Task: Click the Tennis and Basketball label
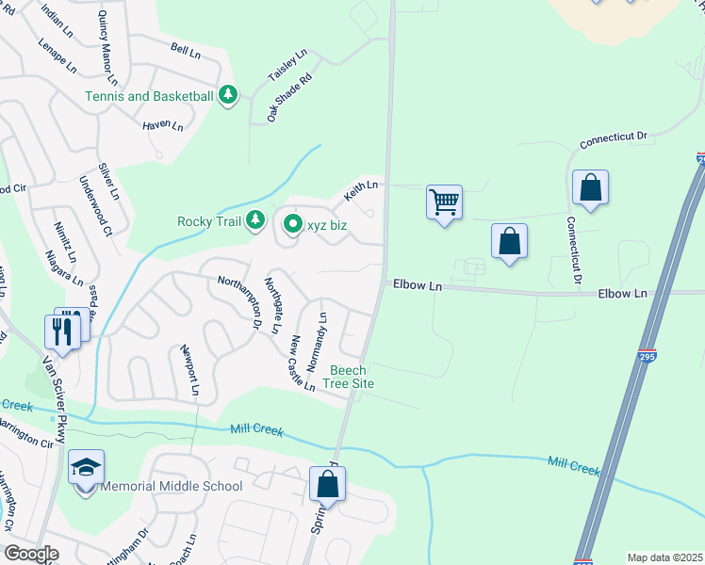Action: click(x=149, y=96)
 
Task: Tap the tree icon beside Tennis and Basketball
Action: click(x=228, y=95)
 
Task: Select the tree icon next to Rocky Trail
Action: click(x=254, y=221)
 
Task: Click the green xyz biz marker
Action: click(x=292, y=224)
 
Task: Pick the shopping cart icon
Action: click(x=444, y=202)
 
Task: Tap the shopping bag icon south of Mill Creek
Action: click(x=327, y=485)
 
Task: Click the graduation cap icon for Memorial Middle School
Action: click(x=86, y=468)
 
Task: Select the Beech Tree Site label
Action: click(x=349, y=378)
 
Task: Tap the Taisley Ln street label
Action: click(x=288, y=66)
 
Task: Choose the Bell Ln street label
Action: click(x=187, y=50)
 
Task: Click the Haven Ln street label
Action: click(x=162, y=123)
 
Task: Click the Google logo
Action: click(x=31, y=554)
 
